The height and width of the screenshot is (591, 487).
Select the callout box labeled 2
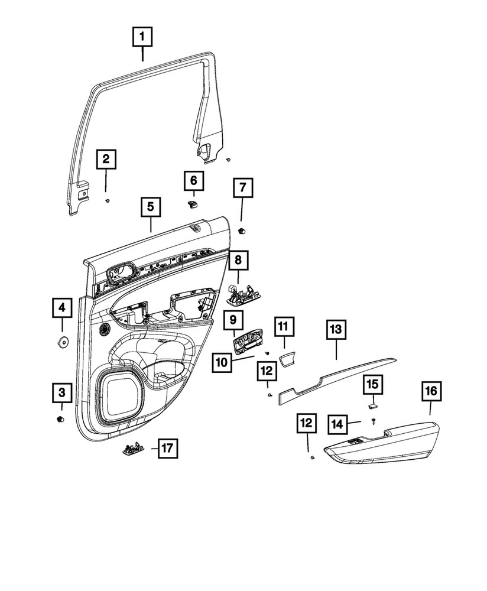click(106, 159)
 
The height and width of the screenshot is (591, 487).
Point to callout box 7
click(242, 189)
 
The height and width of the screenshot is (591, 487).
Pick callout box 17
click(167, 449)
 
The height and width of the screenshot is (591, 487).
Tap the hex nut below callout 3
click(59, 420)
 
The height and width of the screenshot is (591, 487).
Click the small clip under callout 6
click(192, 204)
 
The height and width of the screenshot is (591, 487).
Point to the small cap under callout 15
click(372, 407)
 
